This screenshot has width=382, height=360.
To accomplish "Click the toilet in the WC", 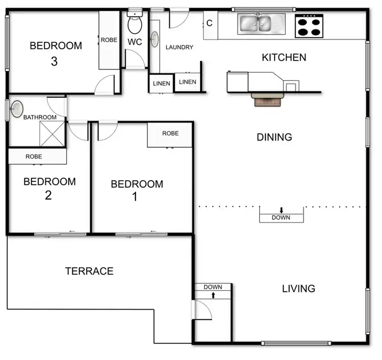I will click(135, 23).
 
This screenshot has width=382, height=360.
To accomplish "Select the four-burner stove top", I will click(309, 25).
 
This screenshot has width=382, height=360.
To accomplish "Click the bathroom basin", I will click(17, 109).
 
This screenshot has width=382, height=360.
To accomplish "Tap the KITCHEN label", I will click(284, 58).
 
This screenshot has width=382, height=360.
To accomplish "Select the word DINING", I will click(274, 137).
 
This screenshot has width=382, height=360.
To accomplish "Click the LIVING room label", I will click(298, 289).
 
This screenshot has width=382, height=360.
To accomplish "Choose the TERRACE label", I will click(89, 271).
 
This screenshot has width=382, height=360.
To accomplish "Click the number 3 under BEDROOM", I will click(54, 62).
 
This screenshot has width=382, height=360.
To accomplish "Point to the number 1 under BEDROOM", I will click(134, 197).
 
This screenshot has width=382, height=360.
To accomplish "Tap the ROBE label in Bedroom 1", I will click(170, 133).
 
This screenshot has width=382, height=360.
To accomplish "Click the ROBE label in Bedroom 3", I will click(109, 40).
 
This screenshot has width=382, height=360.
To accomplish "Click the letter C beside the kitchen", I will click(209, 23).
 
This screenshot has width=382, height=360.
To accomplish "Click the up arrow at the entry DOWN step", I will click(213, 295).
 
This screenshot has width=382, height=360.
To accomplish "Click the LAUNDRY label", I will click(179, 47).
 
